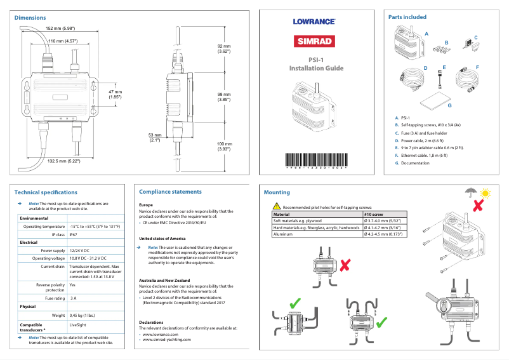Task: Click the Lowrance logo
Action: pyautogui.click(x=314, y=21)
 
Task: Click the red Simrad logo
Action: pyautogui.click(x=314, y=43)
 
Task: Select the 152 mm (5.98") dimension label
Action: pyautogui.click(x=61, y=29)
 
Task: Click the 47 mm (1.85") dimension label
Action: pyautogui.click(x=115, y=94)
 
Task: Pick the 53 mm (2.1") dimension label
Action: pyautogui.click(x=155, y=138)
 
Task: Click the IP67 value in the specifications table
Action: pyautogui.click(x=74, y=234)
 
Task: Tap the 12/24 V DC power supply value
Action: pyautogui.click(x=80, y=250)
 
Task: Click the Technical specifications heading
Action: pyautogui.click(x=46, y=192)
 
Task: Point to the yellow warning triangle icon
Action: pyautogui.click(x=277, y=206)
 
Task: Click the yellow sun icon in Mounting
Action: pyautogui.click(x=486, y=191)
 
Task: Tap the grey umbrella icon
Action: pyautogui.click(x=470, y=191)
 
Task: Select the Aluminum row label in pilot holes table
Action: pyautogui.click(x=282, y=234)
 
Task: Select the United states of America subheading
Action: pyautogui.click(x=162, y=238)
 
